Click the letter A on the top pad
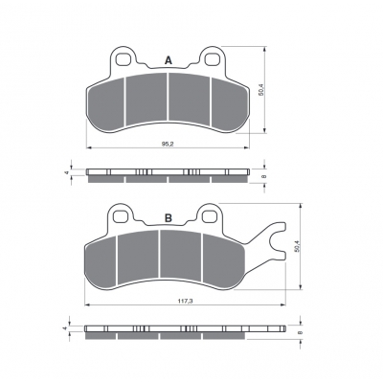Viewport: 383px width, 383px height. (x=169, y=60)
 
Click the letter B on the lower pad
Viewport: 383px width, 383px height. (x=169, y=218)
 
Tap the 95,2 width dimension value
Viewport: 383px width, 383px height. (x=167, y=144)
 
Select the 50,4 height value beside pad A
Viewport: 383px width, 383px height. (x=260, y=90)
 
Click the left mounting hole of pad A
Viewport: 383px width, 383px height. (x=123, y=59)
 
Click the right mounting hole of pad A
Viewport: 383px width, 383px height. (x=213, y=59)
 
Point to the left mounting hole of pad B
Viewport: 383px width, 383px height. (x=120, y=216)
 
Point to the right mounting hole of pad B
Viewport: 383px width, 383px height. (x=210, y=216)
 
